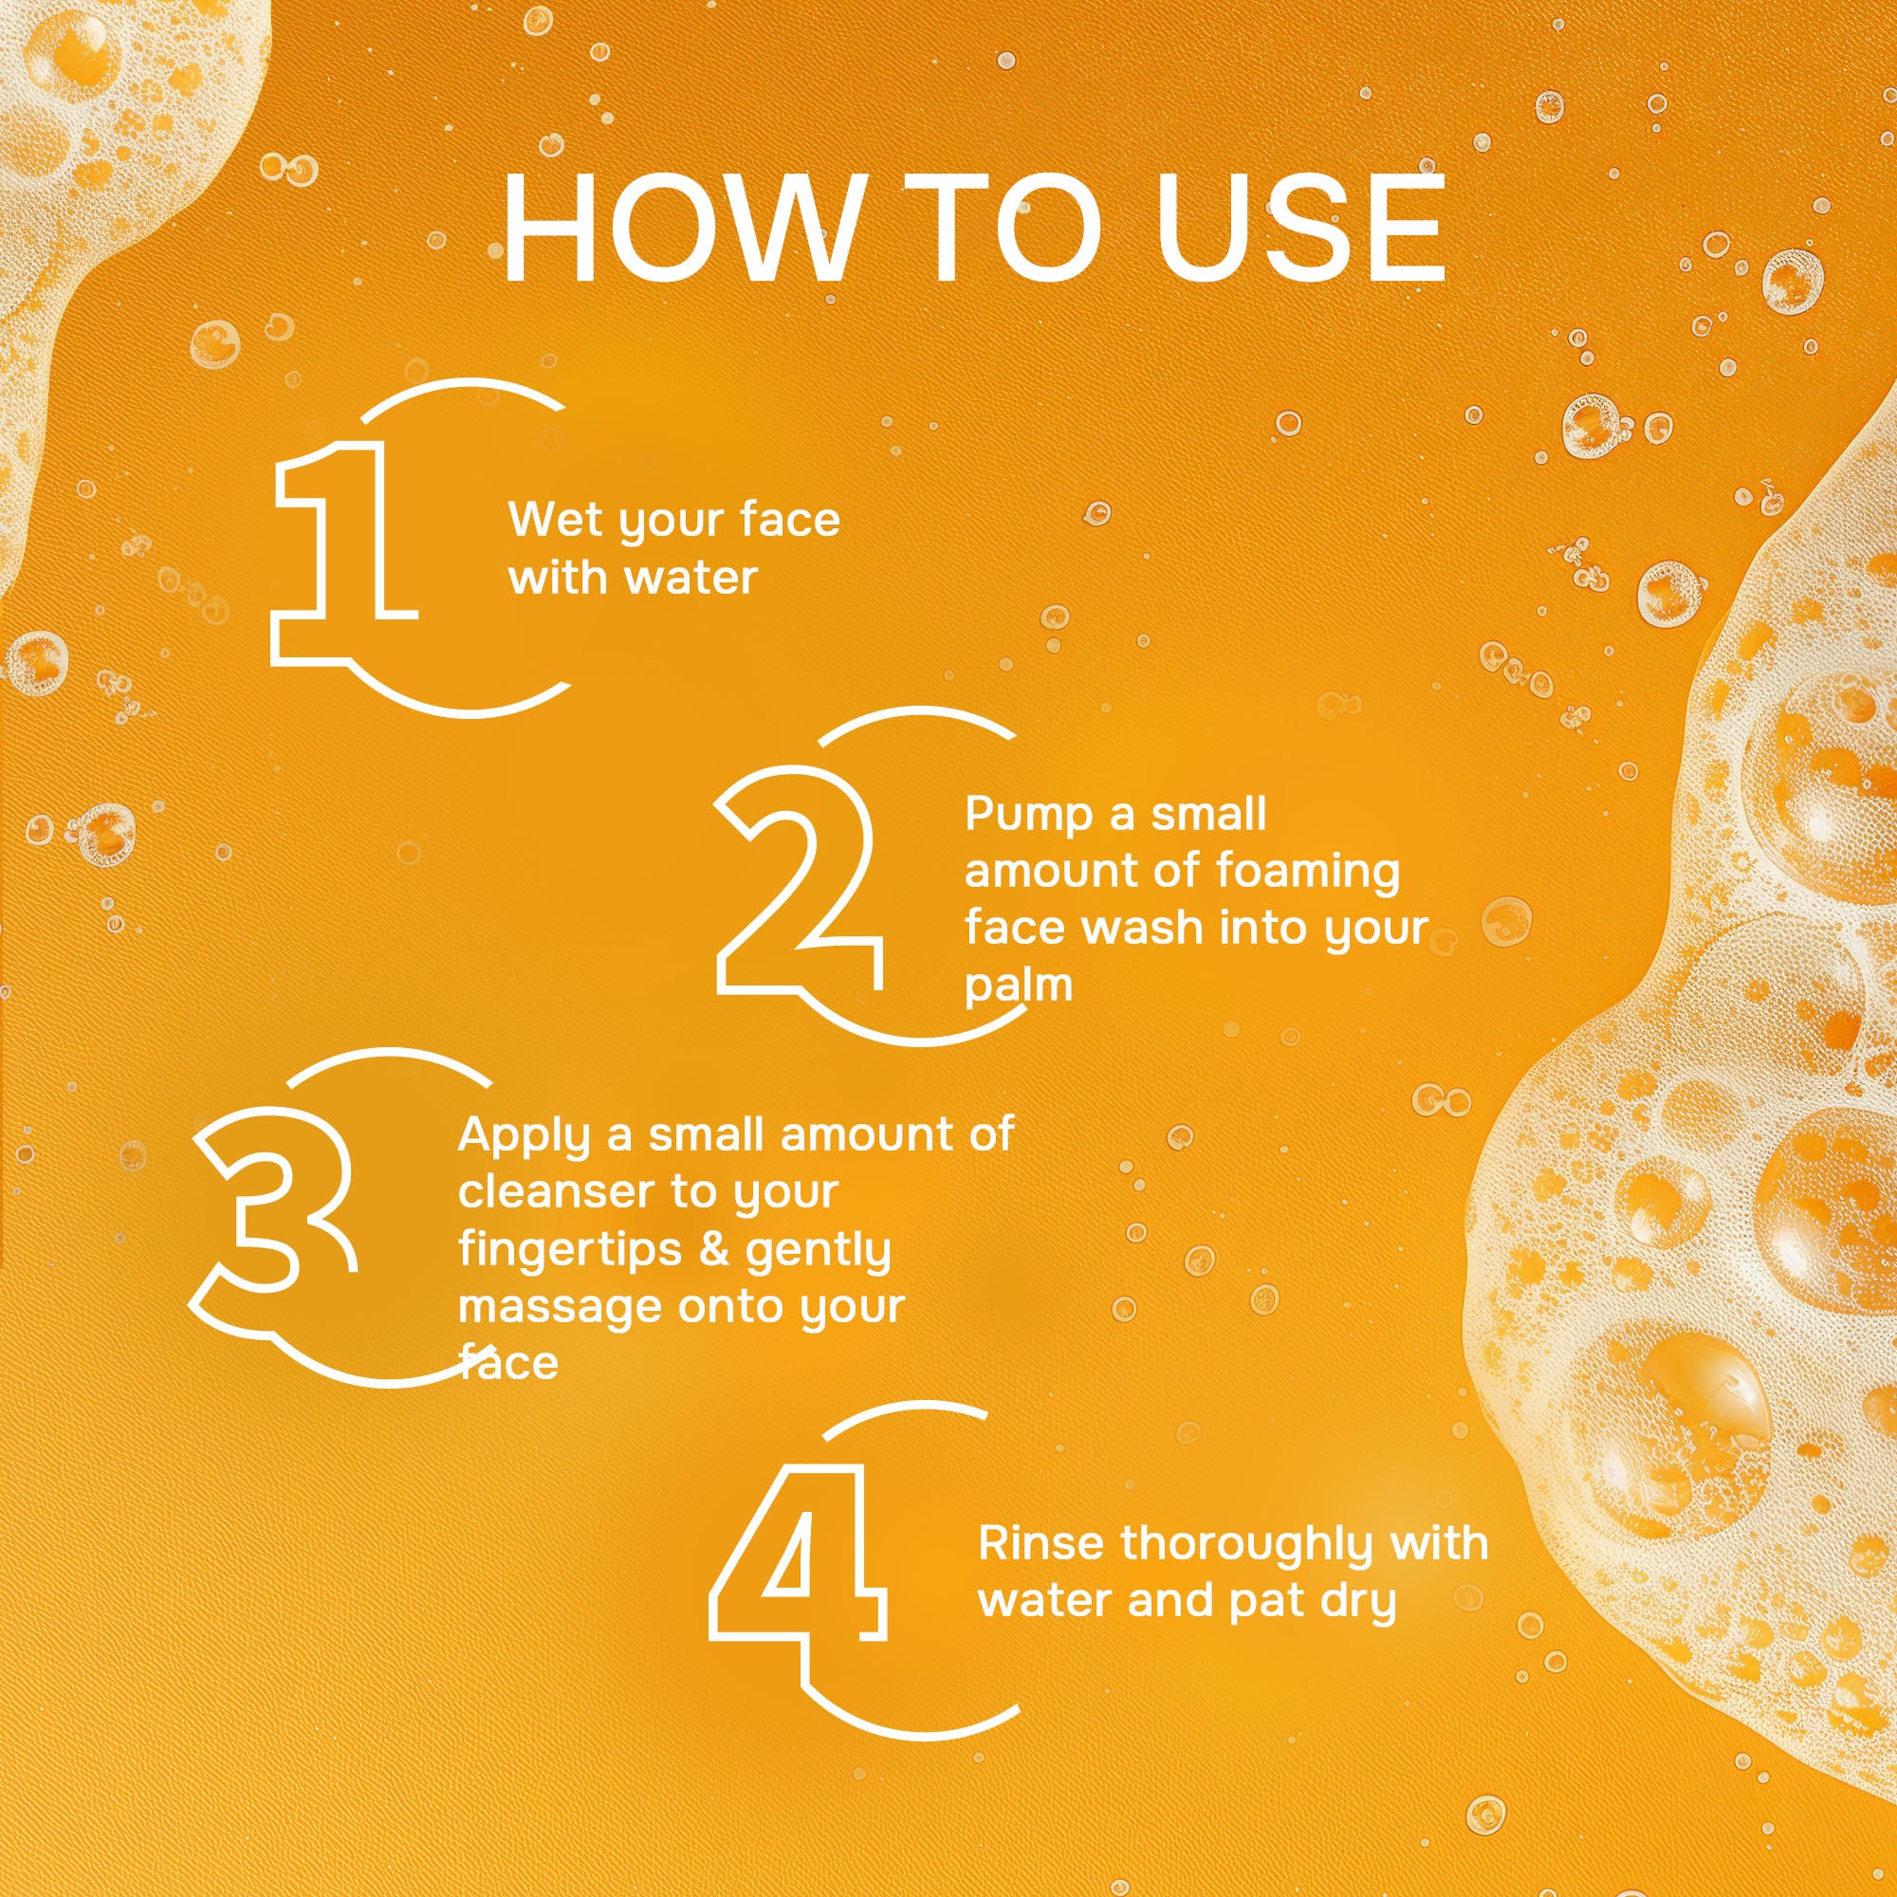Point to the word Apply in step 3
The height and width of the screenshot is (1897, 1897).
[x=525, y=1137]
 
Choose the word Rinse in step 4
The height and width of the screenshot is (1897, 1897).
[x=1041, y=1543]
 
